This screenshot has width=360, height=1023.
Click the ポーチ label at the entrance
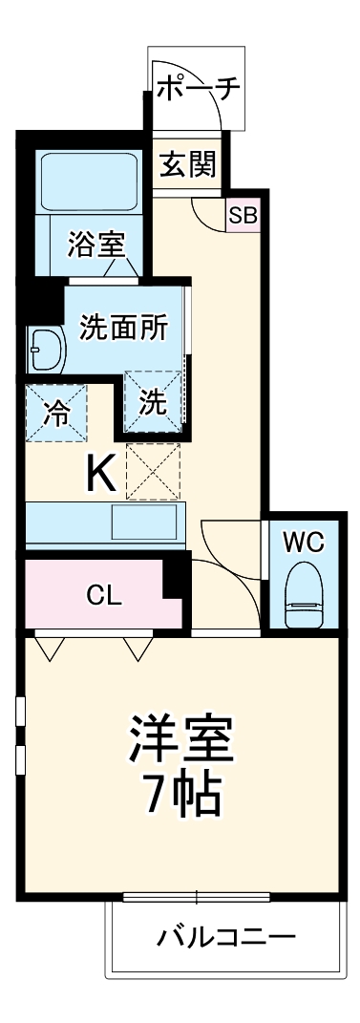(x=199, y=90)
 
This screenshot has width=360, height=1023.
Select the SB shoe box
(x=243, y=215)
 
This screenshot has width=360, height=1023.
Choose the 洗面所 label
(x=124, y=328)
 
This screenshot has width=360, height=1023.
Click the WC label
(x=303, y=543)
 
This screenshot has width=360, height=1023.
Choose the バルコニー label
(x=225, y=936)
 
